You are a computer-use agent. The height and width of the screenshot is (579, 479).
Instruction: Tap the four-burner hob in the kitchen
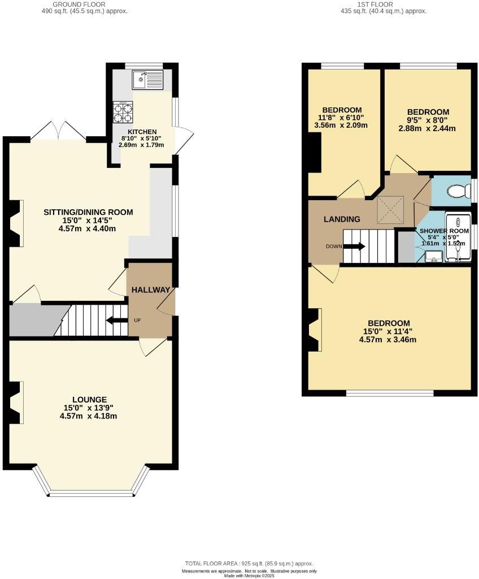[123, 112]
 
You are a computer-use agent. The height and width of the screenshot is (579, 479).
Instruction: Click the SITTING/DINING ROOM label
[89, 212]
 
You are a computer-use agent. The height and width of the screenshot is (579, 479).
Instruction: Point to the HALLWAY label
[151, 290]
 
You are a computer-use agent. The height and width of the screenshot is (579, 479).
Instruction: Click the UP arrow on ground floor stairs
[117, 321]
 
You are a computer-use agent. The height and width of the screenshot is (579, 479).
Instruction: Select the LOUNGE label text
[86, 400]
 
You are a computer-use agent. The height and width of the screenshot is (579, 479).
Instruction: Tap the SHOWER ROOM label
[444, 231]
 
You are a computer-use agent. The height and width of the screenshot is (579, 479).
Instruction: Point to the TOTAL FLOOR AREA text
[249, 564]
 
